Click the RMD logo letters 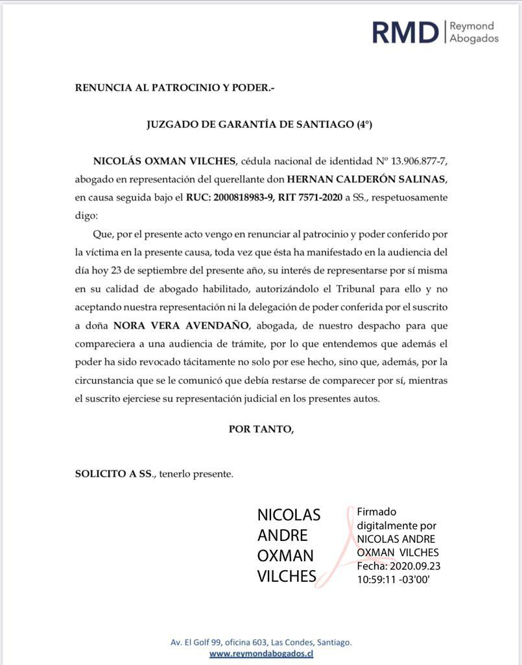405,32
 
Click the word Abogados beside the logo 474,38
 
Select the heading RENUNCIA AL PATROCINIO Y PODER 174,87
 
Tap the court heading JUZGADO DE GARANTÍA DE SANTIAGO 259,124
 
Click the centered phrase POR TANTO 261,429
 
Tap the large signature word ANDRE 282,536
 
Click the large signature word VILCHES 287,576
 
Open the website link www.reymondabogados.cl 261,654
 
